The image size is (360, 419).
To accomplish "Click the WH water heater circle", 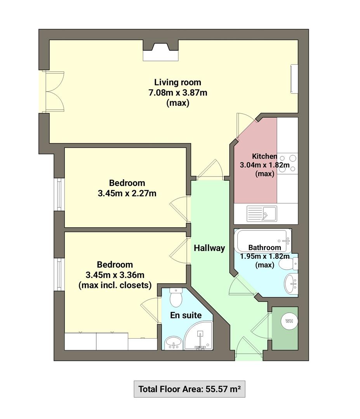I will (289, 321).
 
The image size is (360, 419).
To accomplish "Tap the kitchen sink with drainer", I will (262, 213).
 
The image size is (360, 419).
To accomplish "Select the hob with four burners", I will (287, 163).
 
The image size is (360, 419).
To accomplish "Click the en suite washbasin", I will (173, 342).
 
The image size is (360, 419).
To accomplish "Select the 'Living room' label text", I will (177, 82).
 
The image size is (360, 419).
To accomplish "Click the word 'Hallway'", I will (209, 248).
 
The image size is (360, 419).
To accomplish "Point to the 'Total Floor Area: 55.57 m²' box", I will (190, 389).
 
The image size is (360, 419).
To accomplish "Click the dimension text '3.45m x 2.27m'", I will (127, 193).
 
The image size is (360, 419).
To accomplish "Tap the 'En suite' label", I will (186, 315).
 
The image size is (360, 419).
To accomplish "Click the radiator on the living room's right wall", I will (294, 79).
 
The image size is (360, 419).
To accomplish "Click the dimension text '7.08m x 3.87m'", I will (177, 93).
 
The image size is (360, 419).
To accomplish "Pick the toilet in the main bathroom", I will (288, 264).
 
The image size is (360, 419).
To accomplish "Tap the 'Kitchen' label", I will (264, 156).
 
